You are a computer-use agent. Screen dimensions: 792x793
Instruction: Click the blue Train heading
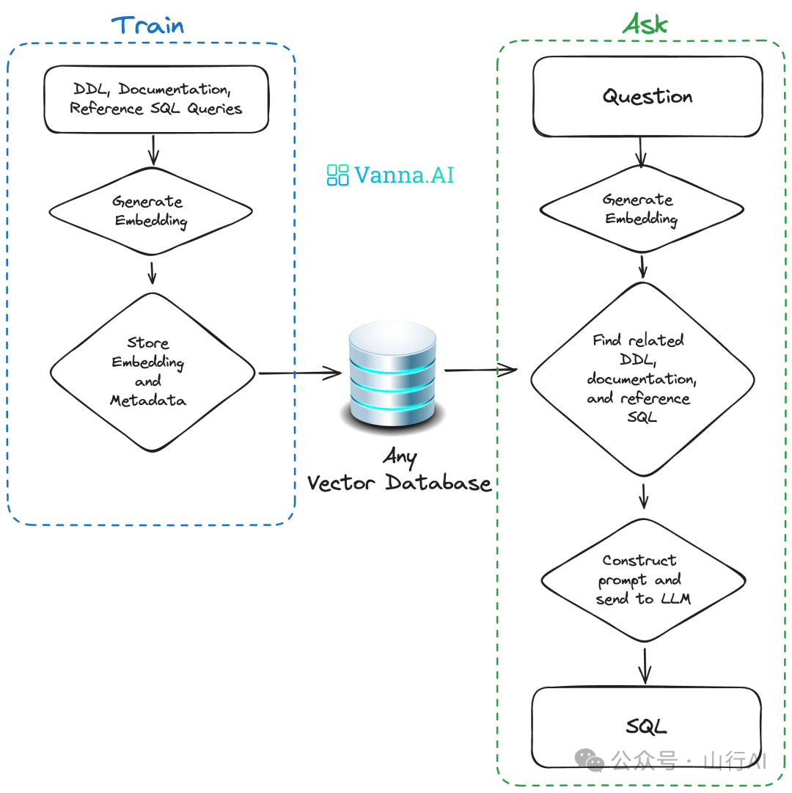tap(147, 25)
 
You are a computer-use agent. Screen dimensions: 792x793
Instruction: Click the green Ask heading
tap(645, 23)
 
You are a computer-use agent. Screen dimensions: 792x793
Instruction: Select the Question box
tap(648, 96)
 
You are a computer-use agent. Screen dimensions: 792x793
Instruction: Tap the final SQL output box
tap(647, 727)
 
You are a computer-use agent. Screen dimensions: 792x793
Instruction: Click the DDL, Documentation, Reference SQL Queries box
tap(156, 99)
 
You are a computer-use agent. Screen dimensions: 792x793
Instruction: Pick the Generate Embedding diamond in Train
tap(150, 211)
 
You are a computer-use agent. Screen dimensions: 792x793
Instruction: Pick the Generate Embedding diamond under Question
tap(642, 209)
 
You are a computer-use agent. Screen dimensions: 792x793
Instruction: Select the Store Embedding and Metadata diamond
tap(152, 372)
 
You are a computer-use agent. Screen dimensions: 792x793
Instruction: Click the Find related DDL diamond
tap(642, 379)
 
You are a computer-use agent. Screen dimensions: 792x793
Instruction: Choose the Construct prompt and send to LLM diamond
tap(643, 580)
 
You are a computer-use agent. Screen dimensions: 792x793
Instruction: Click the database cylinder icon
tap(393, 377)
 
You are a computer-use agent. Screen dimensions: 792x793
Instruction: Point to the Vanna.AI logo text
tap(404, 175)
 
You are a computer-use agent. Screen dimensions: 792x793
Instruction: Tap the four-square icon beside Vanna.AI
tap(337, 175)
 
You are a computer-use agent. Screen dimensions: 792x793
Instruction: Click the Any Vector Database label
tap(399, 469)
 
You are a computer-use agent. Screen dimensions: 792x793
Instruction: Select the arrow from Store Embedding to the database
tap(300, 373)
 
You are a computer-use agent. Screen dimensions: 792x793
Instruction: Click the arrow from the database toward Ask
tap(480, 370)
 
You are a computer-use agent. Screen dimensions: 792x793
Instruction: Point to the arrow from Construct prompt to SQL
tap(645, 666)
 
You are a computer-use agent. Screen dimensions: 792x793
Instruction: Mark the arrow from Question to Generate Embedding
tap(640, 152)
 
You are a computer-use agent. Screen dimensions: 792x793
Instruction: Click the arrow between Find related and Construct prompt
tap(643, 496)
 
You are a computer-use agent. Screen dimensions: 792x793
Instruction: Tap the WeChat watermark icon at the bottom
tap(589, 759)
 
